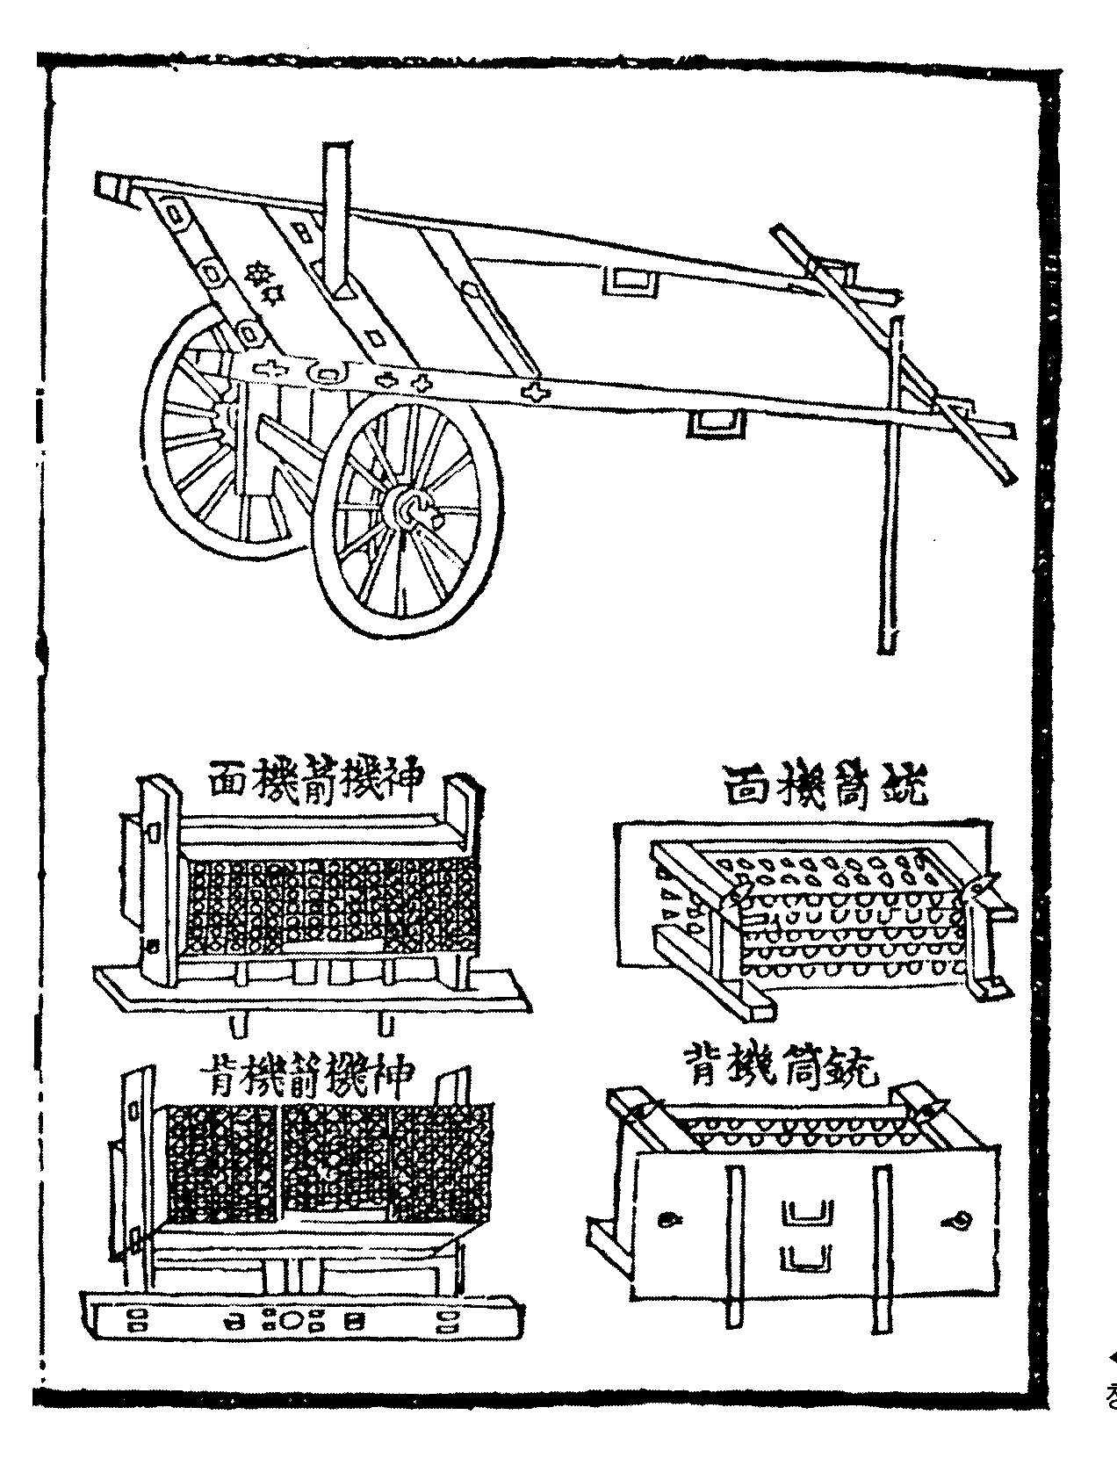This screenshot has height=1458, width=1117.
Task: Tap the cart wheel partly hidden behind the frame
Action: pos(189,430)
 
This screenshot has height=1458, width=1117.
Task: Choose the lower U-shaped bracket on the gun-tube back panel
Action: pos(804,1258)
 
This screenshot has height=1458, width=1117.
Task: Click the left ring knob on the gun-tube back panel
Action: pos(669,1219)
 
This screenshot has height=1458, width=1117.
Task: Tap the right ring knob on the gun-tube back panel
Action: pos(955,1220)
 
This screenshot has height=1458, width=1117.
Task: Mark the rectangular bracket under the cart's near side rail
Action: pos(714,424)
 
